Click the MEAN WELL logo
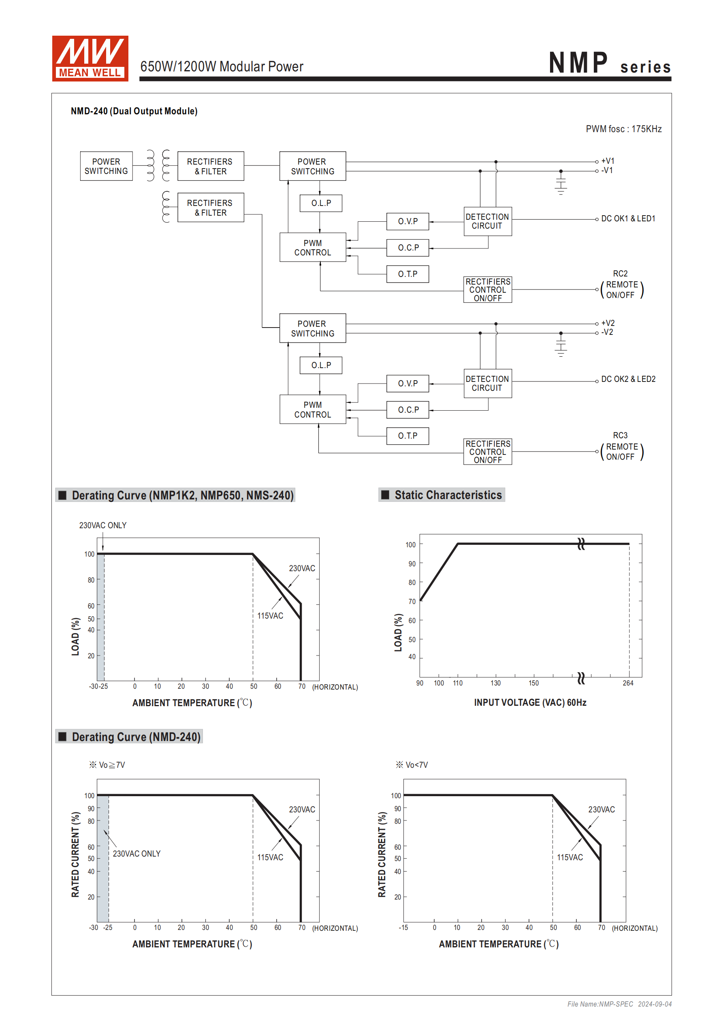pyautogui.click(x=90, y=58)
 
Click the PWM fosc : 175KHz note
pyautogui.click(x=623, y=129)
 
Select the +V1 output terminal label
pyautogui.click(x=608, y=161)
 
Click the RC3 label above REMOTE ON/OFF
pyautogui.click(x=620, y=435)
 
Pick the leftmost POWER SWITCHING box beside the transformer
pyautogui.click(x=106, y=166)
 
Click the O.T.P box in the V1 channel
pyautogui.click(x=407, y=274)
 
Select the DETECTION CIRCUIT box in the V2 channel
pyautogui.click(x=487, y=383)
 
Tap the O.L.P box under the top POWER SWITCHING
pyautogui.click(x=321, y=204)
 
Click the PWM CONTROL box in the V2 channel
pyautogui.click(x=312, y=409)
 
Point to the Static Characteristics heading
pyautogui.click(x=448, y=495)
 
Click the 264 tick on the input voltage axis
pyautogui.click(x=627, y=683)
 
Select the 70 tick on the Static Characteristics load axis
pyautogui.click(x=412, y=602)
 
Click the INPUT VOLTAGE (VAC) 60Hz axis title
pyautogui.click(x=530, y=703)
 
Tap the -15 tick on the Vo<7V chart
pyautogui.click(x=403, y=928)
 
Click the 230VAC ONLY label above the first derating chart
pyautogui.click(x=102, y=525)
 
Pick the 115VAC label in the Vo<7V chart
pyautogui.click(x=569, y=857)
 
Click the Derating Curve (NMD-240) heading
pyautogui.click(x=136, y=737)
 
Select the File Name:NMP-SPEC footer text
pyautogui.click(x=599, y=1004)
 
